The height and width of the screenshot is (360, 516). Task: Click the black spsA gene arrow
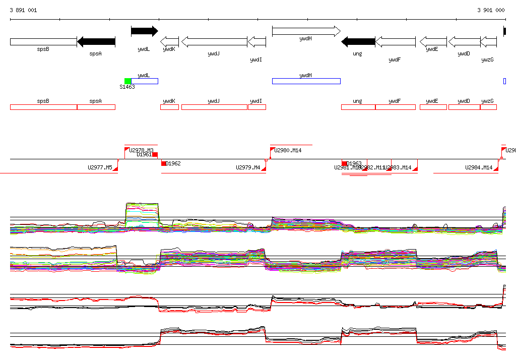[96, 41]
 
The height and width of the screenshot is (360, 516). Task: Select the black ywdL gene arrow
[144, 31]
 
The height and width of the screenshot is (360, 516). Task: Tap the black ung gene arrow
[358, 41]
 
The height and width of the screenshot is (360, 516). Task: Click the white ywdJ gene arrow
[214, 41]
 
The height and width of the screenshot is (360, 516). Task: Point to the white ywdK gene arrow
[169, 41]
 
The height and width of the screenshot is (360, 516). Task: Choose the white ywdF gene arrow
[396, 41]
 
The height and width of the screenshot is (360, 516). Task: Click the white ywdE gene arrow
[433, 41]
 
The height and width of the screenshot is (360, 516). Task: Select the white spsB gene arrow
[43, 41]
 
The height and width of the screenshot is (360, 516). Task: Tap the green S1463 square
[127, 81]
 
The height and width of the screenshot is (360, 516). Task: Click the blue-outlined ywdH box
[306, 81]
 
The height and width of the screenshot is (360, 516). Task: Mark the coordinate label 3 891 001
[23, 10]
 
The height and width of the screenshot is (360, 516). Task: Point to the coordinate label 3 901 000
[491, 10]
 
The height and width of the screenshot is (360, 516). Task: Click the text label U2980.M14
[288, 150]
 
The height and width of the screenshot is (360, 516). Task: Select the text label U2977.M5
[100, 167]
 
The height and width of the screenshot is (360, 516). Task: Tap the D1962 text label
[173, 163]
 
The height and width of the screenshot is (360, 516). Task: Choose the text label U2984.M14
[479, 167]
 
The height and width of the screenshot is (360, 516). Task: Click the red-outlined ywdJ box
[214, 107]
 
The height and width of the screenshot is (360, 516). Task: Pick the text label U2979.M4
[248, 167]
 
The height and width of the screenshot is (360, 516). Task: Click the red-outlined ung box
[358, 107]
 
